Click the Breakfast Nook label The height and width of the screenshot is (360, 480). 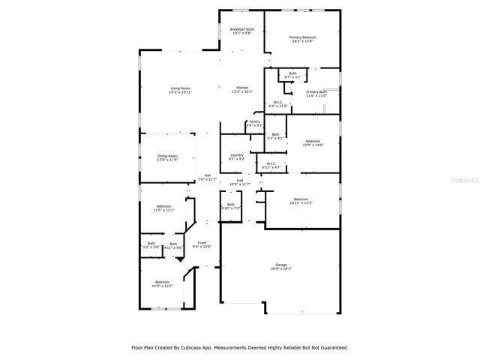point(241,28)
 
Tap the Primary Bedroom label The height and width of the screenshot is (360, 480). point(303,37)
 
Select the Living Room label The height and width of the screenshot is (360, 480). point(180,88)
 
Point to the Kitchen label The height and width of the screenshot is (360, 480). point(242,88)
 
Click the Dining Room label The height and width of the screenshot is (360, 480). point(167,155)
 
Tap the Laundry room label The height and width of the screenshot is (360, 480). point(237,155)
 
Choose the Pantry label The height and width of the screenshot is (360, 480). point(255,121)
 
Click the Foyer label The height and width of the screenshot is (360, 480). point(202,242)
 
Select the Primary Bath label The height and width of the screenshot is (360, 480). point(317,91)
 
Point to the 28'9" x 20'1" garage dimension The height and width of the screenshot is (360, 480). point(281,268)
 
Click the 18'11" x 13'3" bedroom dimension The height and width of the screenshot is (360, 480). point(301,202)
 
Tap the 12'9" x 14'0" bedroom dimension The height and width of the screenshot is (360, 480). point(313,145)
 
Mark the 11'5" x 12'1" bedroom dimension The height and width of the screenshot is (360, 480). point(163,211)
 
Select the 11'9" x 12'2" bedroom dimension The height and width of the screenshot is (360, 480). point(162,286)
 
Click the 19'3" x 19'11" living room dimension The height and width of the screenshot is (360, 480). point(180,92)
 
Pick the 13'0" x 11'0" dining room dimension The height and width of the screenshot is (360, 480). point(167,160)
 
